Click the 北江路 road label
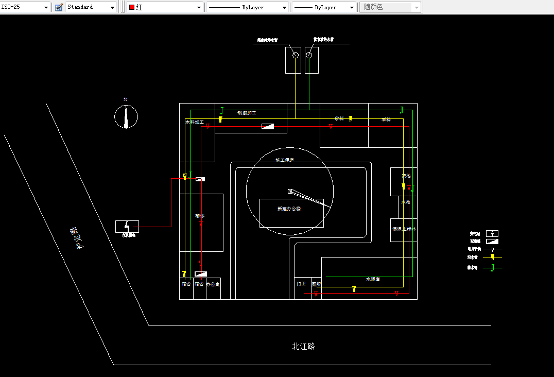click(303, 347)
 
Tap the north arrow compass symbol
click(126, 116)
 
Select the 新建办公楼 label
click(288, 209)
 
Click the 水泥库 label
click(373, 279)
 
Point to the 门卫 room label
click(301, 284)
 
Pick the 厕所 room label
click(316, 284)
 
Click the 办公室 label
click(213, 284)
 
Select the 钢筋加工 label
click(247, 112)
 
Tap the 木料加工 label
click(195, 123)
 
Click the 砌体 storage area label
click(200, 216)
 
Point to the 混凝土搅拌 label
click(404, 229)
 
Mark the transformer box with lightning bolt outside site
click(127, 226)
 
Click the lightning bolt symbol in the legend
click(492, 233)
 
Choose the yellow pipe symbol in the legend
click(492, 256)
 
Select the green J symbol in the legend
click(492, 267)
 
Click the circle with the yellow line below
click(296, 55)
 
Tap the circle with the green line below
click(309, 55)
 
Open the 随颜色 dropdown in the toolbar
click(390, 7)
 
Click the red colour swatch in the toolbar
click(132, 8)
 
